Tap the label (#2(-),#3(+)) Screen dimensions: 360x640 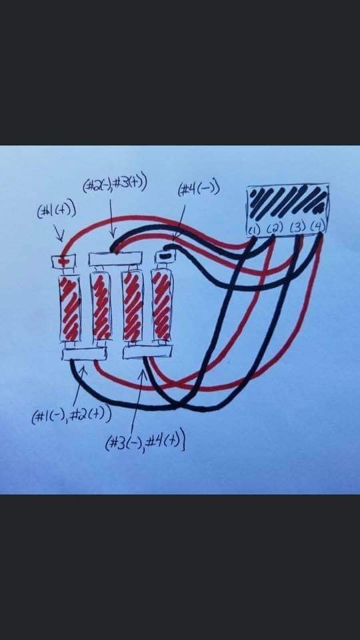click(x=114, y=185)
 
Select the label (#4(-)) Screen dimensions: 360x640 click(x=199, y=189)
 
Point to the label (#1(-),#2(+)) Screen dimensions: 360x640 click(x=71, y=415)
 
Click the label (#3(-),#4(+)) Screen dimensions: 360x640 click(x=146, y=443)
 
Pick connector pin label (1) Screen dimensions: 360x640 click(x=254, y=230)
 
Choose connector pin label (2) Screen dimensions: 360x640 click(x=275, y=229)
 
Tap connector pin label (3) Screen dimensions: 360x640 click(x=297, y=228)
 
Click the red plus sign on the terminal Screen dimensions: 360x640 click(x=63, y=261)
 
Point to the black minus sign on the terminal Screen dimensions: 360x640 click(x=165, y=257)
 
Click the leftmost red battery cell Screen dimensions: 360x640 click(x=70, y=308)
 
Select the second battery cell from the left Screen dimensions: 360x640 click(x=101, y=305)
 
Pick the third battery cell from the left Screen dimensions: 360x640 click(x=133, y=305)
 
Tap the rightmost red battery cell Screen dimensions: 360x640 click(x=163, y=305)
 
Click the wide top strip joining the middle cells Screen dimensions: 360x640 click(x=116, y=259)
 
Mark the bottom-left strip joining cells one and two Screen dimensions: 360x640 click(x=85, y=354)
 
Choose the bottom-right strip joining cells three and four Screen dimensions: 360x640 click(x=147, y=352)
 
